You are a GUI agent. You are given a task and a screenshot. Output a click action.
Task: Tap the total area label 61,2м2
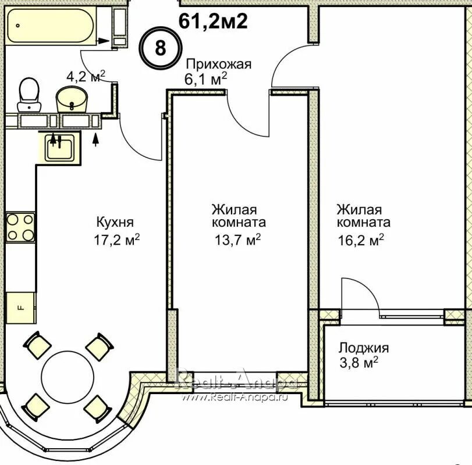point(213,22)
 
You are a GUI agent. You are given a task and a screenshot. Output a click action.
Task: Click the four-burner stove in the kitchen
point(20,227)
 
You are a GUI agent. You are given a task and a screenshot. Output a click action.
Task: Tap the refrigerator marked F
point(20,307)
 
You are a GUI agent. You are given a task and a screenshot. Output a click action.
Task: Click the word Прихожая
point(218,64)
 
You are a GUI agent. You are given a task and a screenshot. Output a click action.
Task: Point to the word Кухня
point(115,222)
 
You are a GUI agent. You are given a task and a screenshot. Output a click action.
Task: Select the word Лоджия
point(364,348)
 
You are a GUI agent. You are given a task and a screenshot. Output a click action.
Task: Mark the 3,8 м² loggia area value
point(359,364)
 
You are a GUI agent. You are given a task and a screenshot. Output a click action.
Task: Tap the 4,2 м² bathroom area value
point(85,76)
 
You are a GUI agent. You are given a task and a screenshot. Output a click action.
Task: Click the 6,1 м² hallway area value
point(206,80)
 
